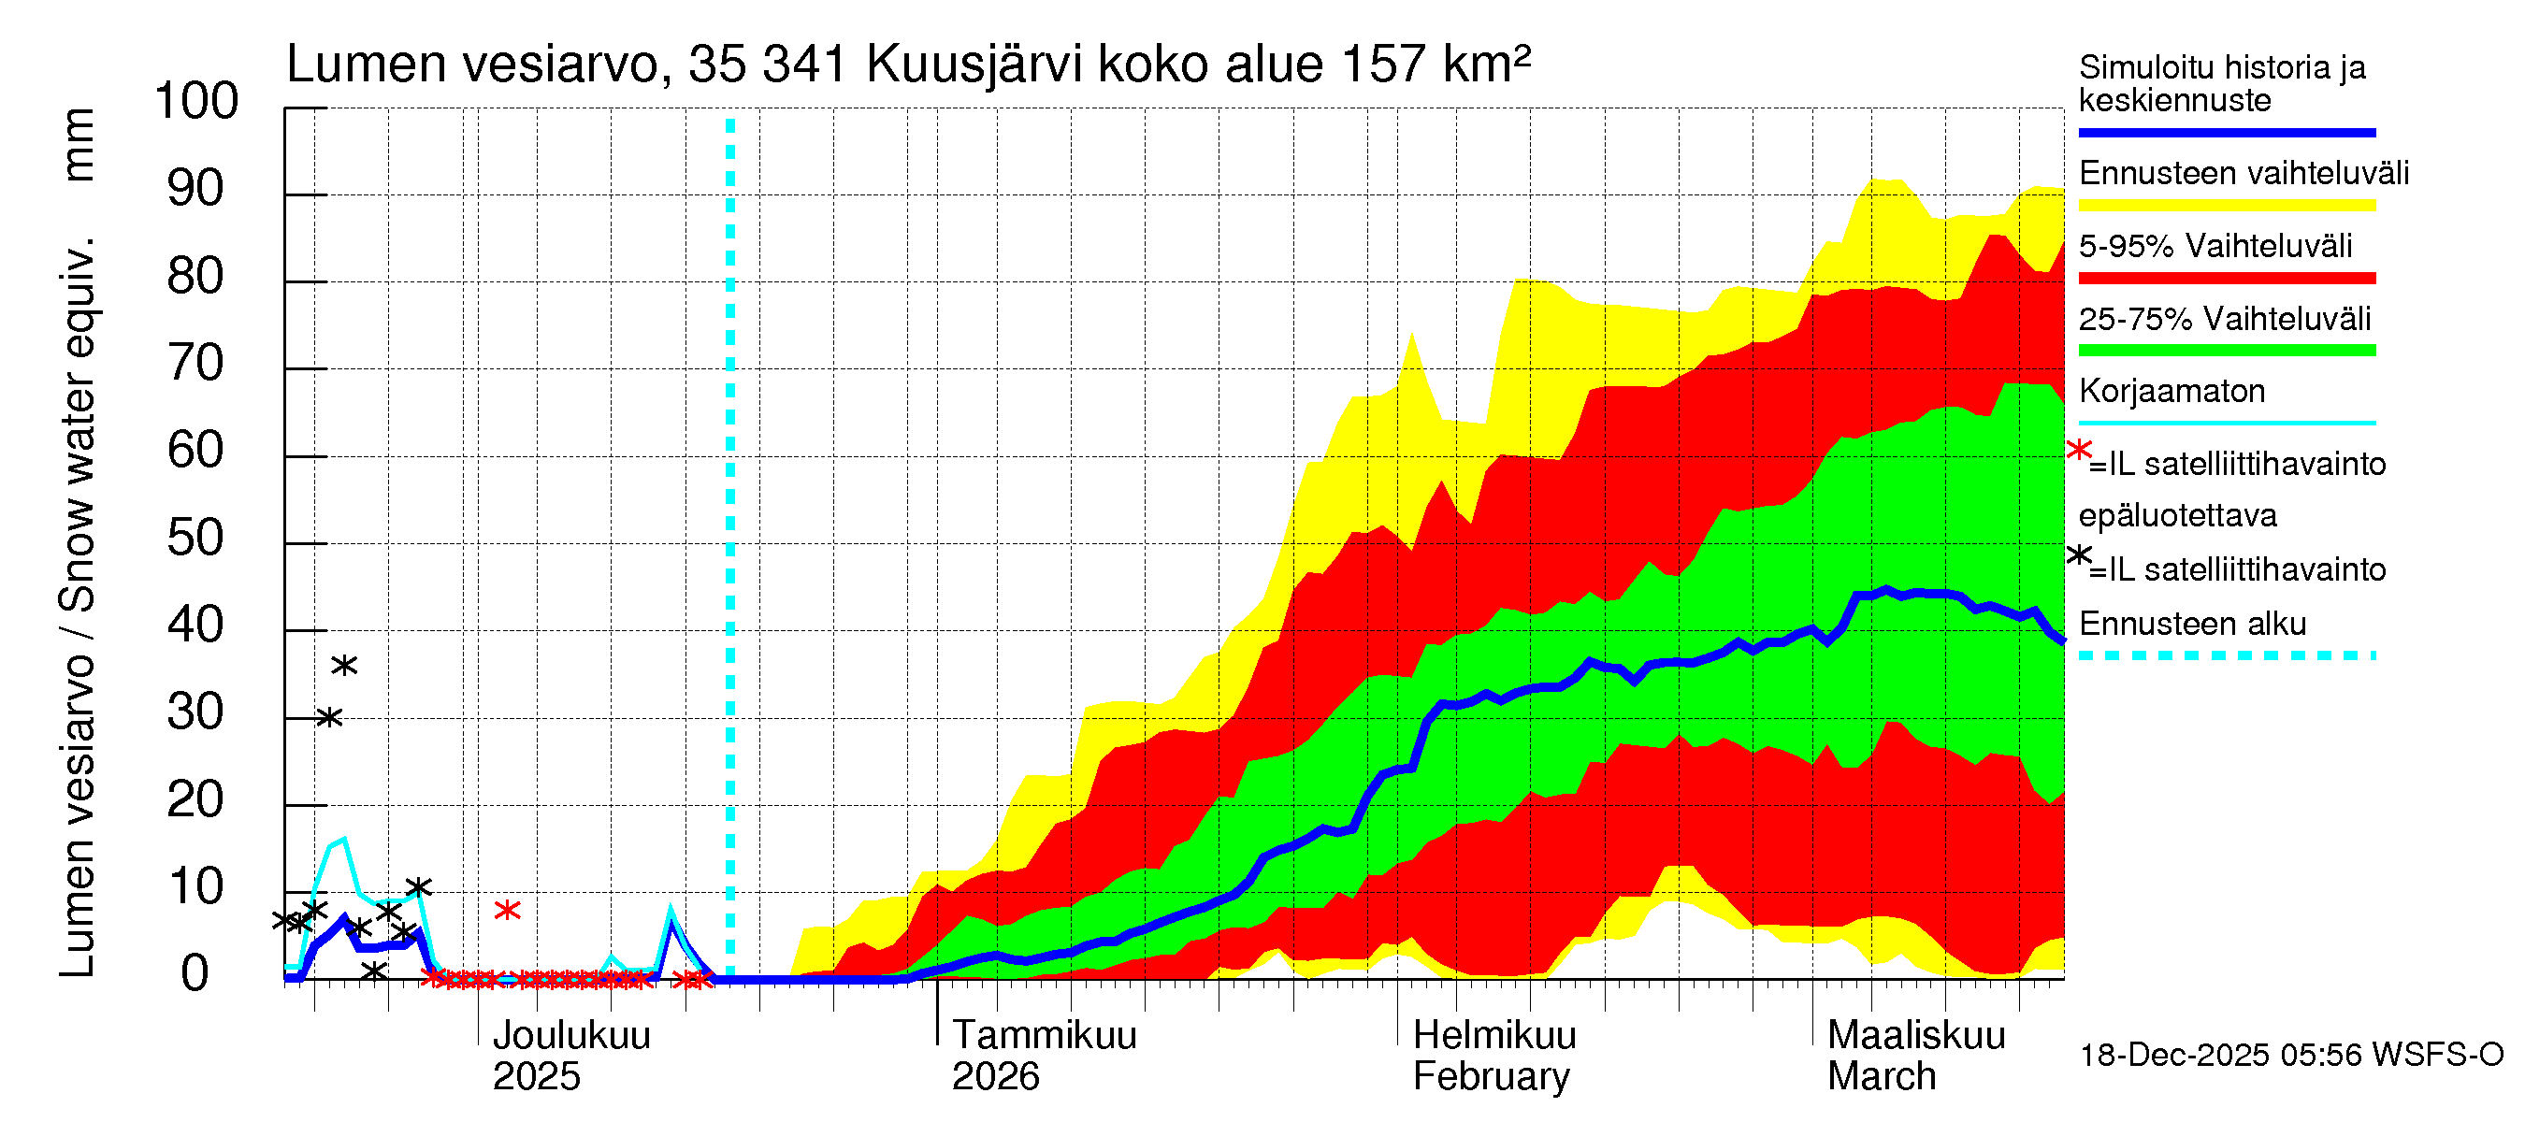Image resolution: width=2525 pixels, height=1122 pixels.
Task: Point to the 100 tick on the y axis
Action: tap(197, 102)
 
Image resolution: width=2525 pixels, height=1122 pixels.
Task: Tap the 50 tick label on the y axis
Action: tap(195, 539)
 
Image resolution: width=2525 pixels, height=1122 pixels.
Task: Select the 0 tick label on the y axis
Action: tap(195, 974)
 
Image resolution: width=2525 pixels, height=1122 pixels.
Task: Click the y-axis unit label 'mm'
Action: tap(78, 144)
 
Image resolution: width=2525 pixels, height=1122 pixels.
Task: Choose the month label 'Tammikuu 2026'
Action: tap(1043, 1056)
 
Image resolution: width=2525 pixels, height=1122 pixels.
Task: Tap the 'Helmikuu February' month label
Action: tap(1493, 1056)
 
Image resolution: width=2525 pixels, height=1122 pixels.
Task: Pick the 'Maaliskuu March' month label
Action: tap(1915, 1056)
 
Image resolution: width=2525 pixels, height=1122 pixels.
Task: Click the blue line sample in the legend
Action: tap(2226, 132)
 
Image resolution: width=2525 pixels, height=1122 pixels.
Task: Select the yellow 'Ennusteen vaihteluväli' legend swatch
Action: tap(2226, 206)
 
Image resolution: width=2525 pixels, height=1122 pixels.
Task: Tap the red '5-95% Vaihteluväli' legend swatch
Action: tap(2226, 279)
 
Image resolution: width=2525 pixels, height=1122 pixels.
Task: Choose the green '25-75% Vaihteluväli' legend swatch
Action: tap(2226, 351)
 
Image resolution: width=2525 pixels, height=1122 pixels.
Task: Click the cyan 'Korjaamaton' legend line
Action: tap(2226, 424)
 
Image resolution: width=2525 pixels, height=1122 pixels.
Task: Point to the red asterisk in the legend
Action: tap(2078, 451)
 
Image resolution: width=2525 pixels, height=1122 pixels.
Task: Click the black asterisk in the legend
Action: tap(2078, 555)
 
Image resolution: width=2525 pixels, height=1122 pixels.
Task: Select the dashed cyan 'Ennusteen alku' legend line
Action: tap(2226, 655)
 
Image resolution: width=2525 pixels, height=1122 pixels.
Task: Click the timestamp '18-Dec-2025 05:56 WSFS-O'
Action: tap(2290, 1056)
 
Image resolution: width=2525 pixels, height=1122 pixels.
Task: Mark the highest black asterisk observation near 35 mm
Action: tap(344, 667)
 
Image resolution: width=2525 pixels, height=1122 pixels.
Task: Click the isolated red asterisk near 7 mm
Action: tap(507, 911)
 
